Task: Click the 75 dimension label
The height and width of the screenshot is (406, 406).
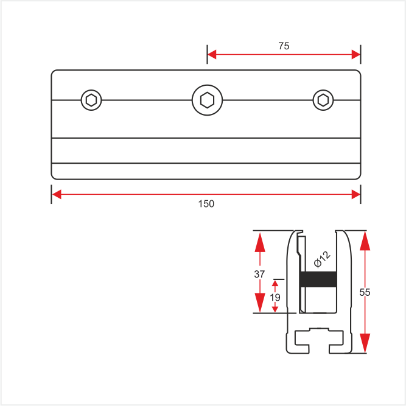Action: [284, 46]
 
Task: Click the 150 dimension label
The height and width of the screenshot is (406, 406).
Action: [206, 204]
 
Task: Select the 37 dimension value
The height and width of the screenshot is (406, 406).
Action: [259, 274]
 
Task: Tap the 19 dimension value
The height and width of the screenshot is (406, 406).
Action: [275, 298]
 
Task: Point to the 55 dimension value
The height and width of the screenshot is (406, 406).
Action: [365, 292]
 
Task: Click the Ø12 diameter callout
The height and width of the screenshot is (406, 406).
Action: [322, 259]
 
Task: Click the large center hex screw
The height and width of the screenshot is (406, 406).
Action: [207, 100]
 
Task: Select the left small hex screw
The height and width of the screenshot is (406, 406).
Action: [91, 100]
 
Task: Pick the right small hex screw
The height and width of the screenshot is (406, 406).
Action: [323, 100]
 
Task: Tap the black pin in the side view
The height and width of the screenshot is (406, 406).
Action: [318, 279]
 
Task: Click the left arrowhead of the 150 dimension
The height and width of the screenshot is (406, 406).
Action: [57, 194]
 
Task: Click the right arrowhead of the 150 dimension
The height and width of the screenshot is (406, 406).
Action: [355, 194]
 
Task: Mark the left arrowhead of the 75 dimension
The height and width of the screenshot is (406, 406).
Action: [212, 54]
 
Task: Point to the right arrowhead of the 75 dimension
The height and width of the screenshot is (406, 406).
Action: [355, 54]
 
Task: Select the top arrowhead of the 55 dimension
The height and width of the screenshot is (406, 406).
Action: [365, 240]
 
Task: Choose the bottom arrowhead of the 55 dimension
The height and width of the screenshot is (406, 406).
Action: [365, 343]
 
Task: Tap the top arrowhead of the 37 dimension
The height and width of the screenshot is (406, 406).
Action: [260, 242]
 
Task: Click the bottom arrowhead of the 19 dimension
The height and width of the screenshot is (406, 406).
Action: [275, 309]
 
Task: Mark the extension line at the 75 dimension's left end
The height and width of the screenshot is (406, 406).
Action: [207, 54]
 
